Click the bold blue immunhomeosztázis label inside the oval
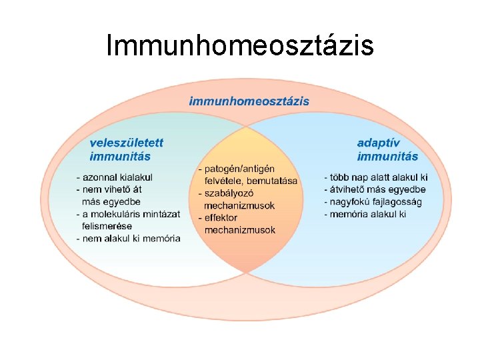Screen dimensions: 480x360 click(249, 101)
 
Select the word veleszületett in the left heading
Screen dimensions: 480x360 click(127, 143)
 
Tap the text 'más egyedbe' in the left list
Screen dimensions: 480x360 click(111, 201)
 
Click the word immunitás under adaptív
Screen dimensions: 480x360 click(387, 157)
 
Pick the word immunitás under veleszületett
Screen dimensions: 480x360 click(120, 157)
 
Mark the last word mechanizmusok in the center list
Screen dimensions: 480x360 click(239, 230)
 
